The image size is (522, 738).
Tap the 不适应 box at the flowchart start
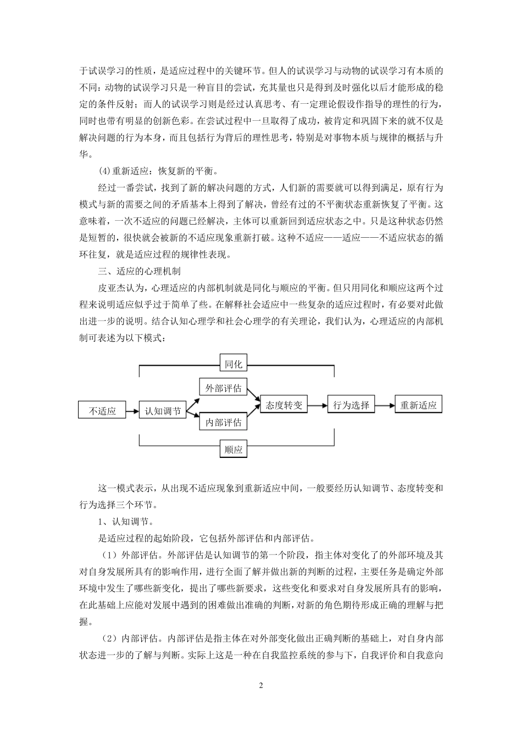pos(102,410)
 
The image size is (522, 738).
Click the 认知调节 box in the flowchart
pos(163,410)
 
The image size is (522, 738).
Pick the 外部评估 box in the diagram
pos(223,388)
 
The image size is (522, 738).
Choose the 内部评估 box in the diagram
pos(223,422)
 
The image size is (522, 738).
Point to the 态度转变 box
pos(284,405)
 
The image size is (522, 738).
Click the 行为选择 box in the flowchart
pos(351,405)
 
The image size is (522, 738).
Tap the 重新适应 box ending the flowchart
pos(418,405)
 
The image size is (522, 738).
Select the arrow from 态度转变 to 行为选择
pos(318,405)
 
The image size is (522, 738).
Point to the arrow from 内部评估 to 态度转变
pos(252,415)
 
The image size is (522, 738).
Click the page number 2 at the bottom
pos(262,685)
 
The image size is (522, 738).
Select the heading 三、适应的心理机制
pos(139,271)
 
